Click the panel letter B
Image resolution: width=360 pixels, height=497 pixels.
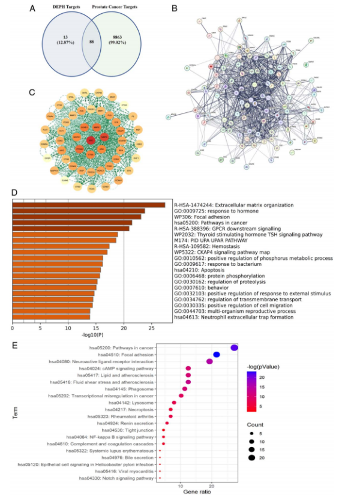pos(174,10)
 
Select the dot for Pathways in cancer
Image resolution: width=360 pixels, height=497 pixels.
pos(234,348)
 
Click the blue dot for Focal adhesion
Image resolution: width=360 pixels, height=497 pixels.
pos(217,355)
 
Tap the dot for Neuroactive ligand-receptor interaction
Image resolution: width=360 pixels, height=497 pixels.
pos(209,361)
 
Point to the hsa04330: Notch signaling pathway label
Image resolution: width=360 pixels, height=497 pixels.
pos(118,478)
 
